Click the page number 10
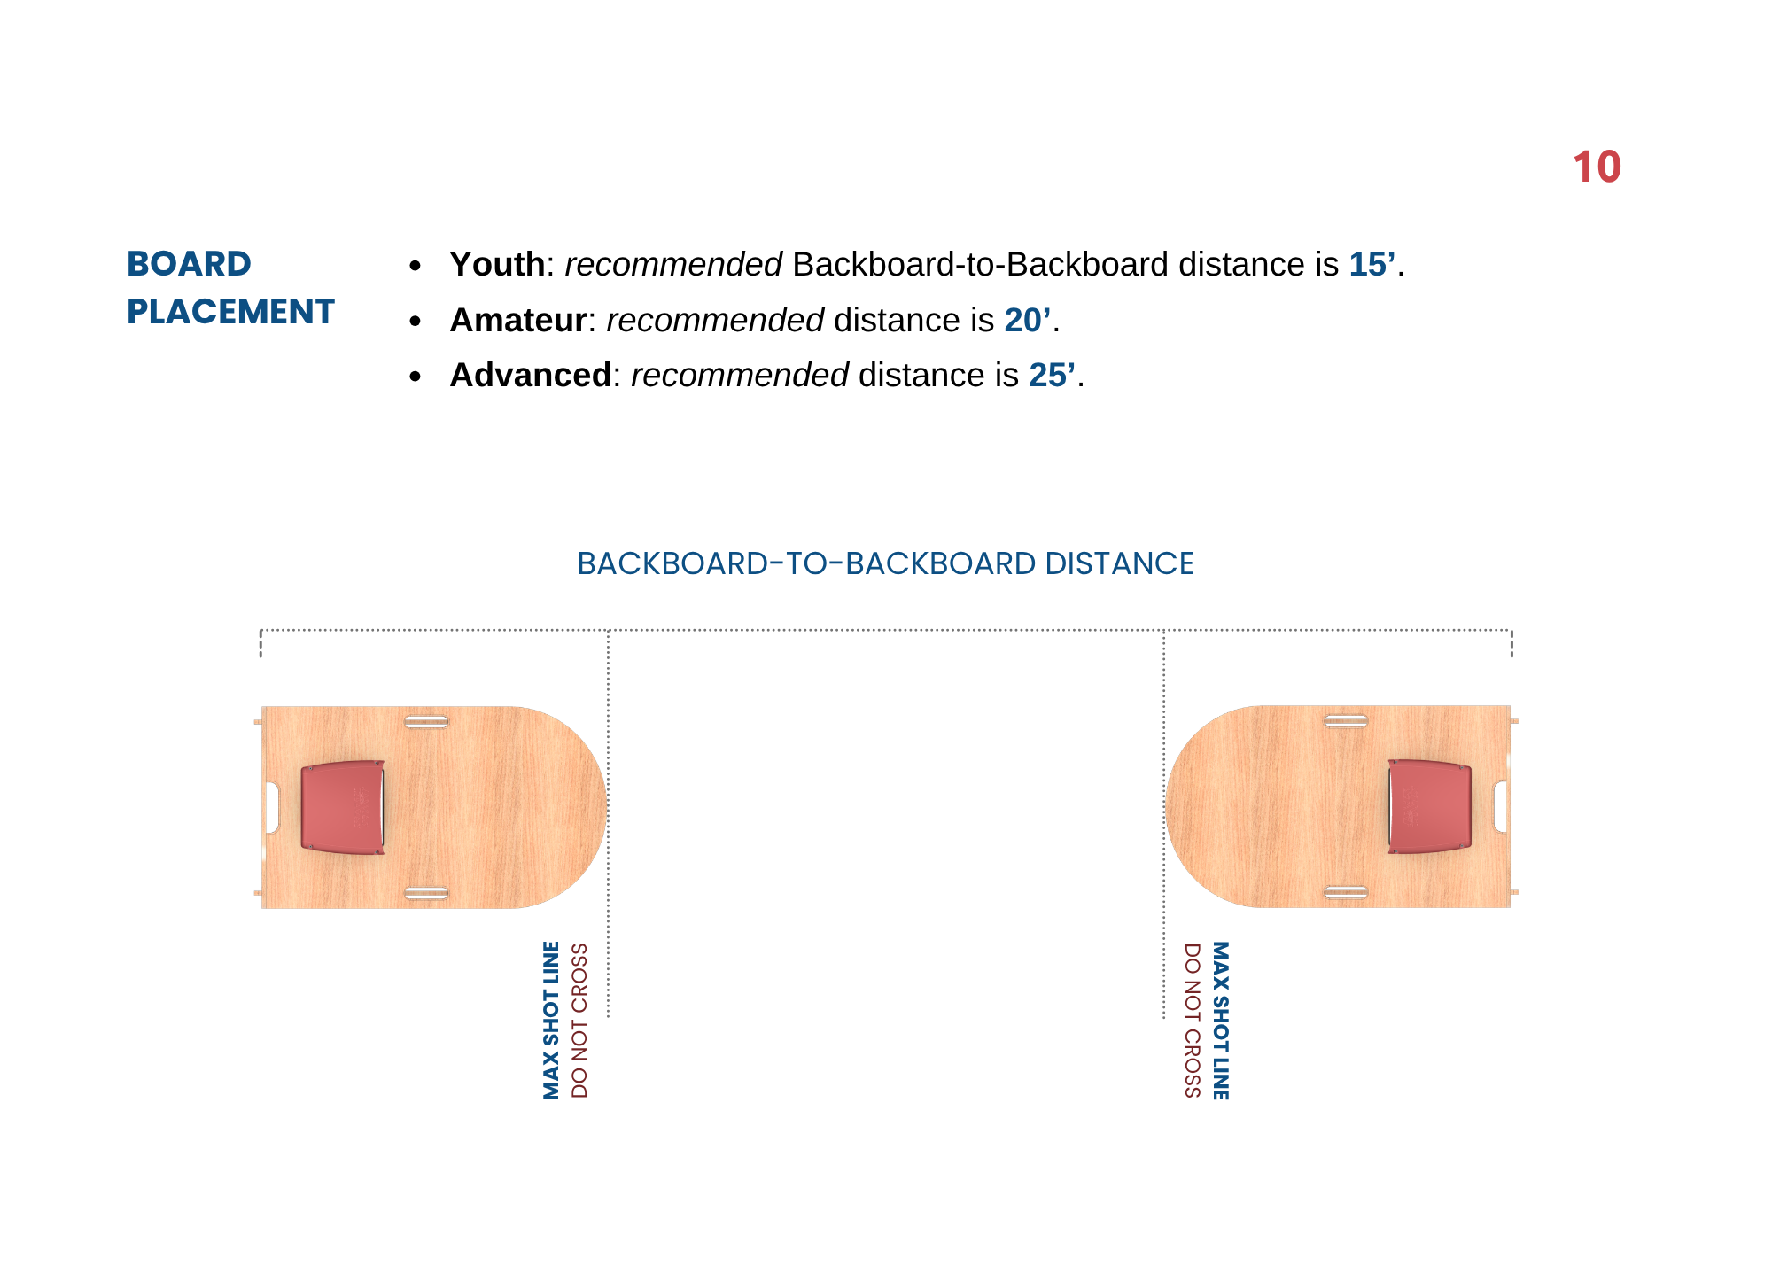coord(1597,167)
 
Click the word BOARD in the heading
coord(189,264)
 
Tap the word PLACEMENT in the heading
coord(230,312)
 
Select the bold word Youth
coord(497,264)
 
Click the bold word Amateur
coord(518,320)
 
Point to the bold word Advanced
coord(531,376)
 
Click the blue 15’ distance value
coord(1372,264)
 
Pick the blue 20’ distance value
coord(1028,320)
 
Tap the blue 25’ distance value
coord(1053,376)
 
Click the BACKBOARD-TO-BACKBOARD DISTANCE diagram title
coord(885,563)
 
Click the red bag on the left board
coord(343,807)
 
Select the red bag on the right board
coord(1430,806)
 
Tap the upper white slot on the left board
coord(426,722)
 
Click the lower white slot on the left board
coord(426,893)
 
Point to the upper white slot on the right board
coord(1346,721)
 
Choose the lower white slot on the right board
coord(1346,892)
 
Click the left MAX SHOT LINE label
coord(551,1021)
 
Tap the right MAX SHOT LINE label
coord(1221,1021)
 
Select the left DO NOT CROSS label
coord(579,1021)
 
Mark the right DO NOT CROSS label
coord(1193,1021)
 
